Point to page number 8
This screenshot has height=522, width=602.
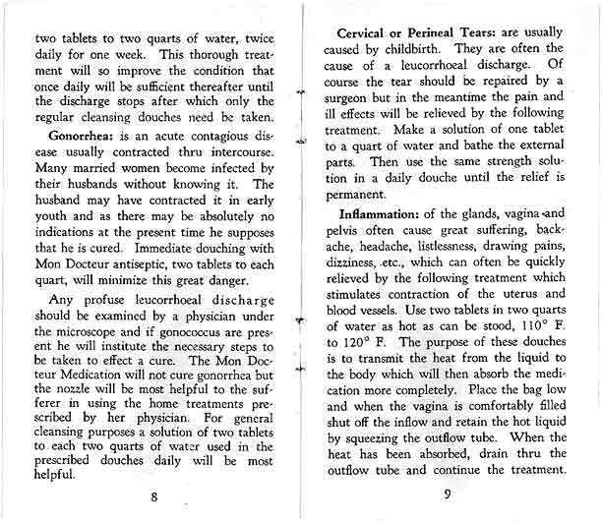pos(154,495)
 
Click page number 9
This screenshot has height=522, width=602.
pos(447,495)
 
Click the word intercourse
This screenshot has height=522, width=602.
pos(229,156)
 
